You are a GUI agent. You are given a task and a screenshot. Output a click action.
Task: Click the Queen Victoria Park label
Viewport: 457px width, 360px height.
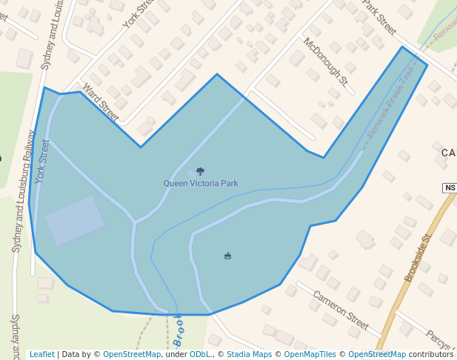(x=201, y=183)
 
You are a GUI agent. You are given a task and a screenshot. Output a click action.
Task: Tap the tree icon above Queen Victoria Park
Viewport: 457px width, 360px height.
(x=200, y=172)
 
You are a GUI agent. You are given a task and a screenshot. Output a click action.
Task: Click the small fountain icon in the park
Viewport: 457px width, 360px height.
(x=227, y=256)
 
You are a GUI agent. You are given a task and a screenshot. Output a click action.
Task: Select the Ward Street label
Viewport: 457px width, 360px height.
(x=101, y=102)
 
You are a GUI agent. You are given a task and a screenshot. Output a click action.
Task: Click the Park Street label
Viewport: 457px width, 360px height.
(x=378, y=17)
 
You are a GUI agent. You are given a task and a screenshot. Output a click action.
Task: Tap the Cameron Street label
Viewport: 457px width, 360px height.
(x=340, y=310)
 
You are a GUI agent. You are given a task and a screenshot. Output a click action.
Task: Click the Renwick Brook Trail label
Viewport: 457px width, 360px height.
(x=393, y=104)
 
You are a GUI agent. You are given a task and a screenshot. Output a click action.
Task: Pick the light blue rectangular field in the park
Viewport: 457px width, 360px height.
(x=75, y=220)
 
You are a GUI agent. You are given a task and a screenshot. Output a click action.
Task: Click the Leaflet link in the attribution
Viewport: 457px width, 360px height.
(x=41, y=354)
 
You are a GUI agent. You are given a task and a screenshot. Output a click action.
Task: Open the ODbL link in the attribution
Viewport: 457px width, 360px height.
(x=200, y=354)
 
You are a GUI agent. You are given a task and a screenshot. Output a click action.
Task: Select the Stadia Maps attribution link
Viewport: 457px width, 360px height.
(x=249, y=354)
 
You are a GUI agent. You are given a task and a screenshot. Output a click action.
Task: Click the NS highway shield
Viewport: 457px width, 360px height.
(x=450, y=188)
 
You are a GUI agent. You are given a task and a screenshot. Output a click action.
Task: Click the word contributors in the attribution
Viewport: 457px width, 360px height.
(x=431, y=354)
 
